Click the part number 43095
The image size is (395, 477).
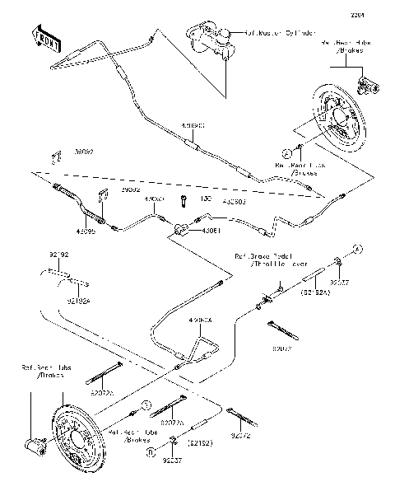pyautogui.click(x=90, y=231)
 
